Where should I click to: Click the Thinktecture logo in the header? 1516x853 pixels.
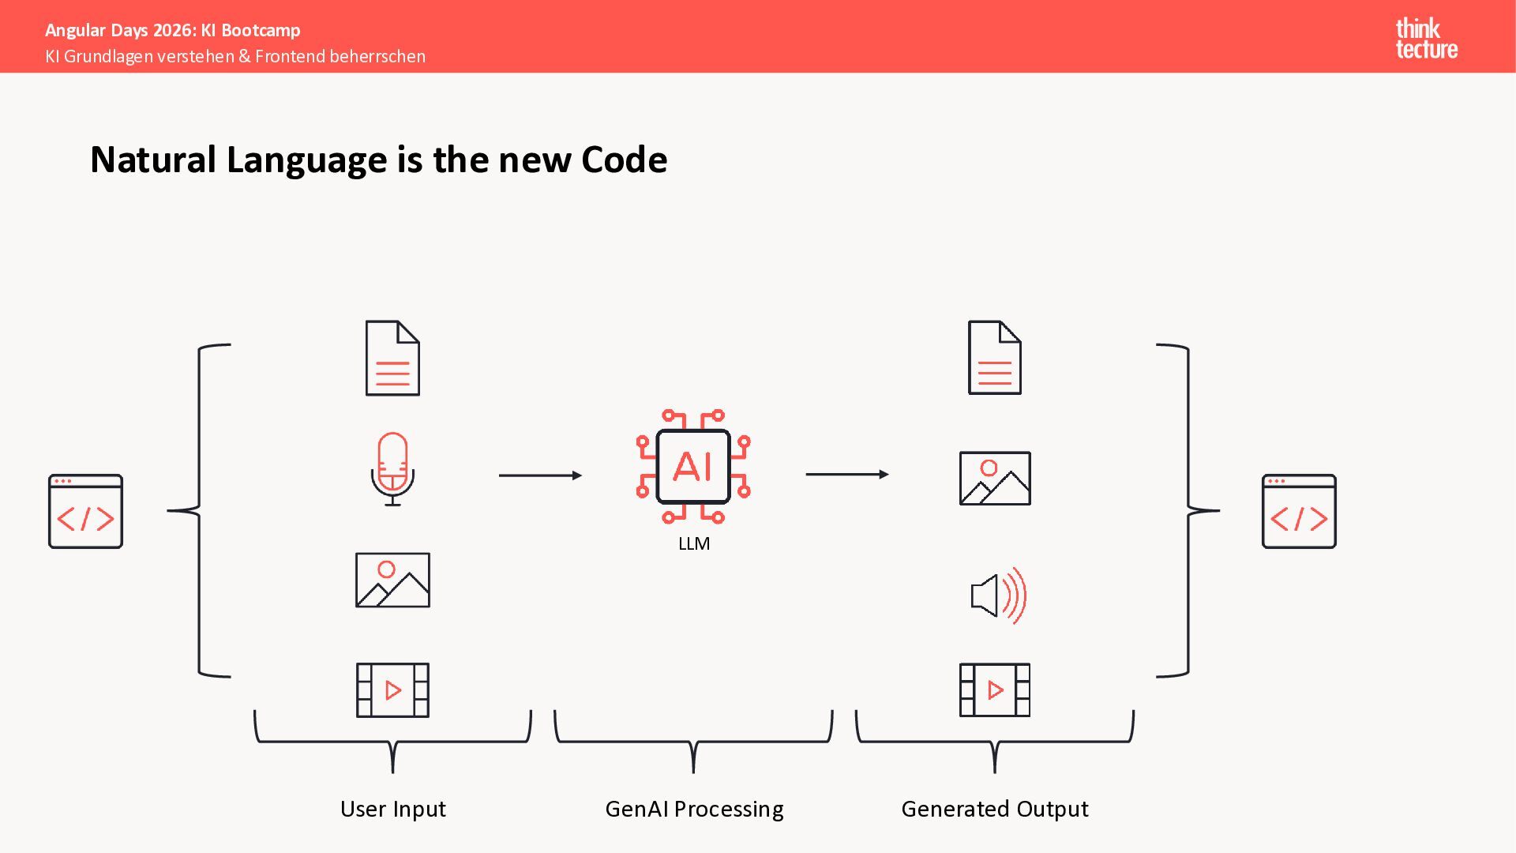[1426, 39]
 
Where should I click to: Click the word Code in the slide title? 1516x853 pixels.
[624, 160]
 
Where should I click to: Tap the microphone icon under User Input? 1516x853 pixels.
[392, 468]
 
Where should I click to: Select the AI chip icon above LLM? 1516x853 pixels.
[693, 466]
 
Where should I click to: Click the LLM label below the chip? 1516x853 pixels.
[694, 543]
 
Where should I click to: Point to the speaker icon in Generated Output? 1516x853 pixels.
[998, 596]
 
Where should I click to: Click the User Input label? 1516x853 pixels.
[392, 809]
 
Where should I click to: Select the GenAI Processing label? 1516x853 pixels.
[694, 809]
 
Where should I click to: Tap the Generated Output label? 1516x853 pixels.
[994, 809]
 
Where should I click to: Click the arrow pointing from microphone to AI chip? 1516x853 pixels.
[540, 475]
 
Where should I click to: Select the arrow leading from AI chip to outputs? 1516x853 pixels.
[846, 475]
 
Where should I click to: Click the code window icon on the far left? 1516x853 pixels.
[85, 511]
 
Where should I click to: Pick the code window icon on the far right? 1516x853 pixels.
[1299, 511]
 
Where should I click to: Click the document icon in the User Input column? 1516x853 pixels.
[392, 358]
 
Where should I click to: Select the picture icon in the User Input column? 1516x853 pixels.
[392, 580]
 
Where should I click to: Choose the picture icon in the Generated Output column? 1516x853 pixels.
[994, 478]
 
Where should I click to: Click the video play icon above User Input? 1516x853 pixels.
[392, 690]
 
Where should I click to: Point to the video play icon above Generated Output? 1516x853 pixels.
[994, 690]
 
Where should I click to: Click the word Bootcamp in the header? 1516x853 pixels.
[261, 30]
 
